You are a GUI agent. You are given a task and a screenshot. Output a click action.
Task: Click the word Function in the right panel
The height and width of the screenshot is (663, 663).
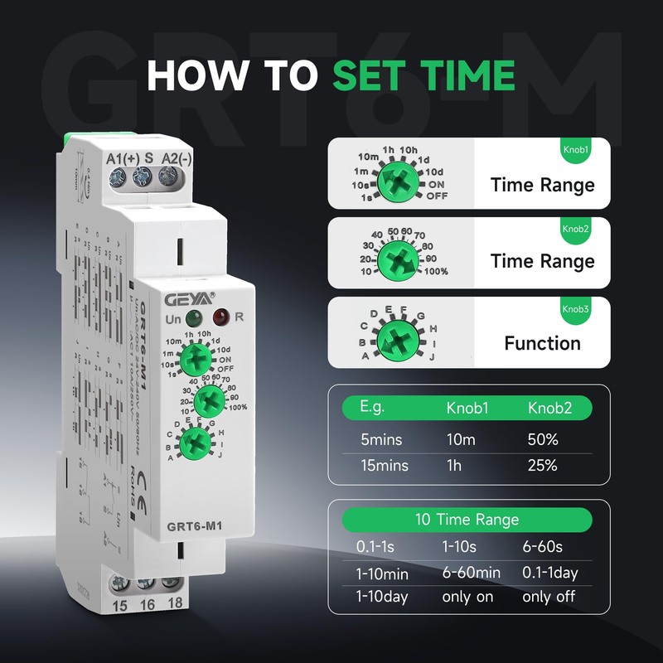[x=543, y=342]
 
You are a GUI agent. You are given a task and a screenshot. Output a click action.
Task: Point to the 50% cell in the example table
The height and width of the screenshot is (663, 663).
[x=543, y=440]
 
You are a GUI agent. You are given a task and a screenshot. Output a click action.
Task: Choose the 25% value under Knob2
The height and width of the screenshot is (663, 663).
[x=543, y=465]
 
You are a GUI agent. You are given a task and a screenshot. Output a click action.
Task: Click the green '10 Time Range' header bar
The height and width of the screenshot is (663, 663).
[x=468, y=520]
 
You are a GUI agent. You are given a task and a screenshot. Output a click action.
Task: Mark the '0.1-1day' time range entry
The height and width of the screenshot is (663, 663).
[x=550, y=572]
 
